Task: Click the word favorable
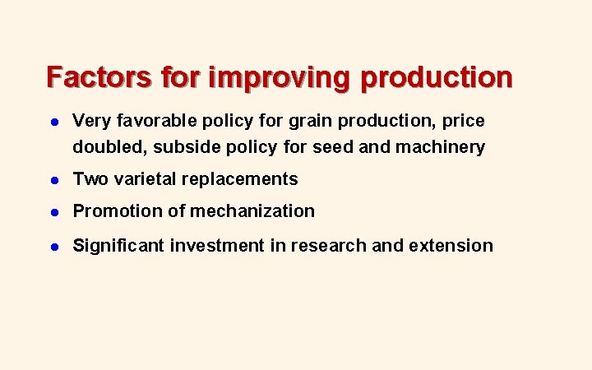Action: (147, 121)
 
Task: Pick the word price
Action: (464, 121)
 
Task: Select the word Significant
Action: (118, 245)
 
